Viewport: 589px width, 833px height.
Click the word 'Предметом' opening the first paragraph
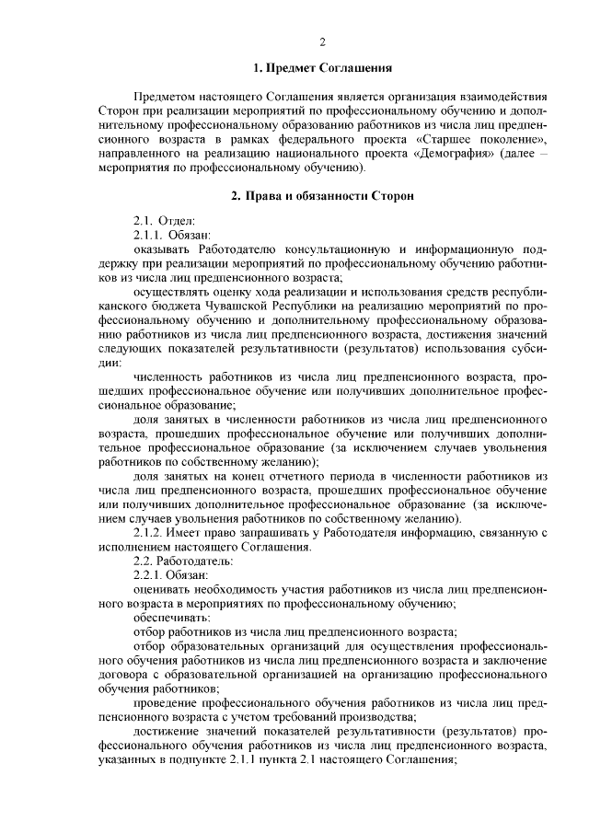[167, 97]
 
